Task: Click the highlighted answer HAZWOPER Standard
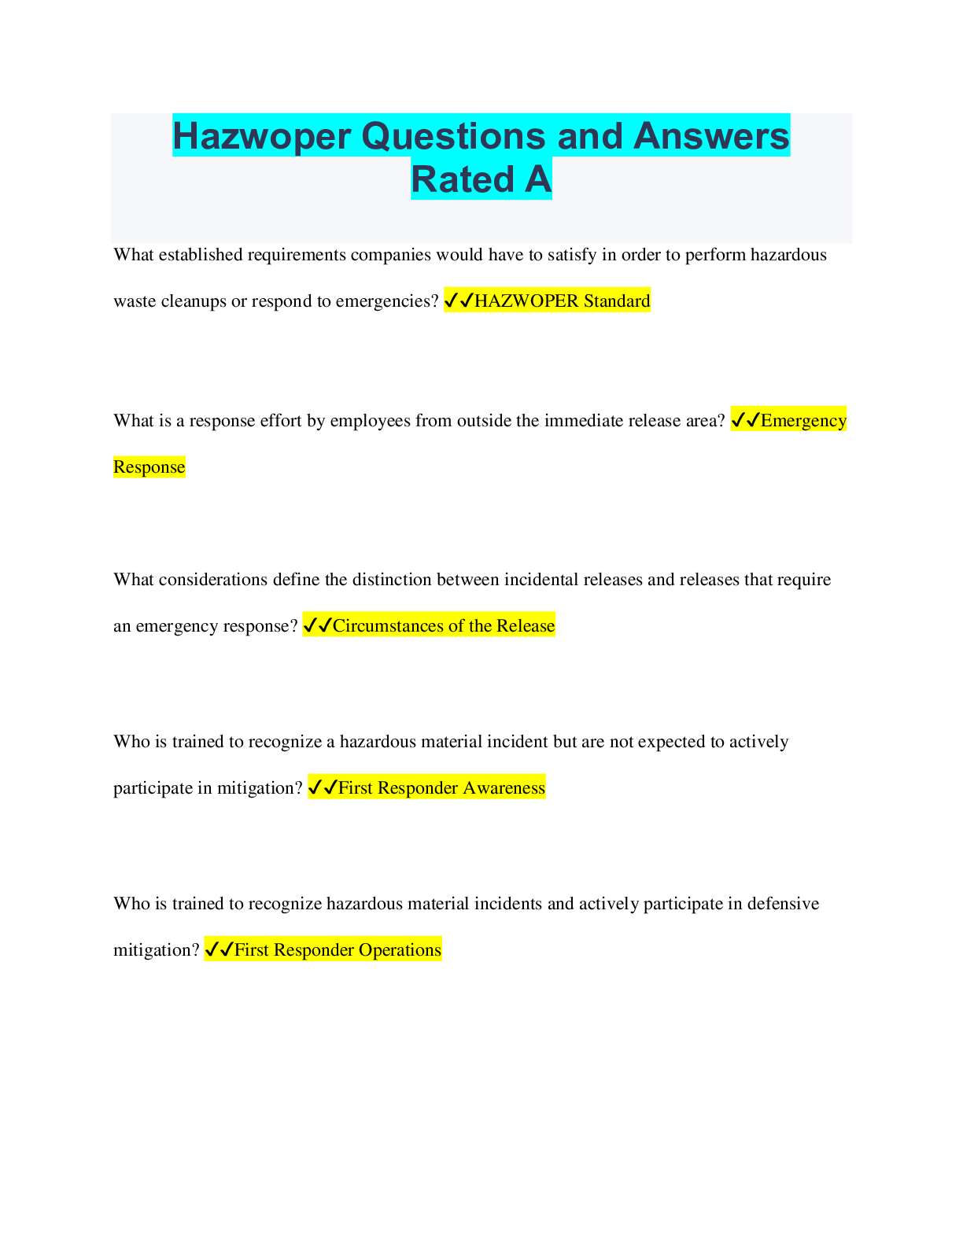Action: [x=562, y=300]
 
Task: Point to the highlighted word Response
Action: [x=149, y=466]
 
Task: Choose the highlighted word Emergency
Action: [x=803, y=420]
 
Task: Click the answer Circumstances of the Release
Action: [x=444, y=625]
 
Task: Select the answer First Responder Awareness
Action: [x=441, y=787]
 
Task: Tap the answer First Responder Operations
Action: [x=338, y=949]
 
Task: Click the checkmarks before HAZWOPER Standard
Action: [x=459, y=300]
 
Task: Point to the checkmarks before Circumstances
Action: [x=317, y=625]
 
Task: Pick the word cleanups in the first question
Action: [x=194, y=300]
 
